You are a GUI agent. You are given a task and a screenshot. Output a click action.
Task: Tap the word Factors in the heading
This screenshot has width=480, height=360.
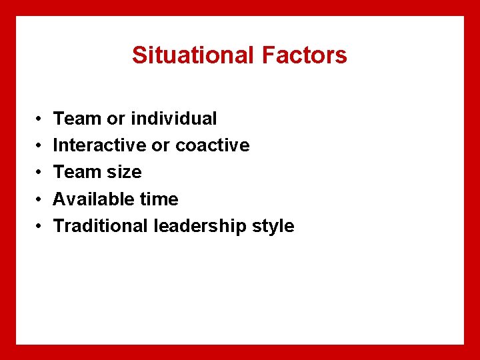[305, 55]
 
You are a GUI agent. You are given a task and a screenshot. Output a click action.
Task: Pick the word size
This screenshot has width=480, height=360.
[125, 172]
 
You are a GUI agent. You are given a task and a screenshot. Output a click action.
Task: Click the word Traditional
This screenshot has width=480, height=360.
[101, 226]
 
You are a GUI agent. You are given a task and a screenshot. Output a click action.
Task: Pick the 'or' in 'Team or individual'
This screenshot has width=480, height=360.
[116, 119]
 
